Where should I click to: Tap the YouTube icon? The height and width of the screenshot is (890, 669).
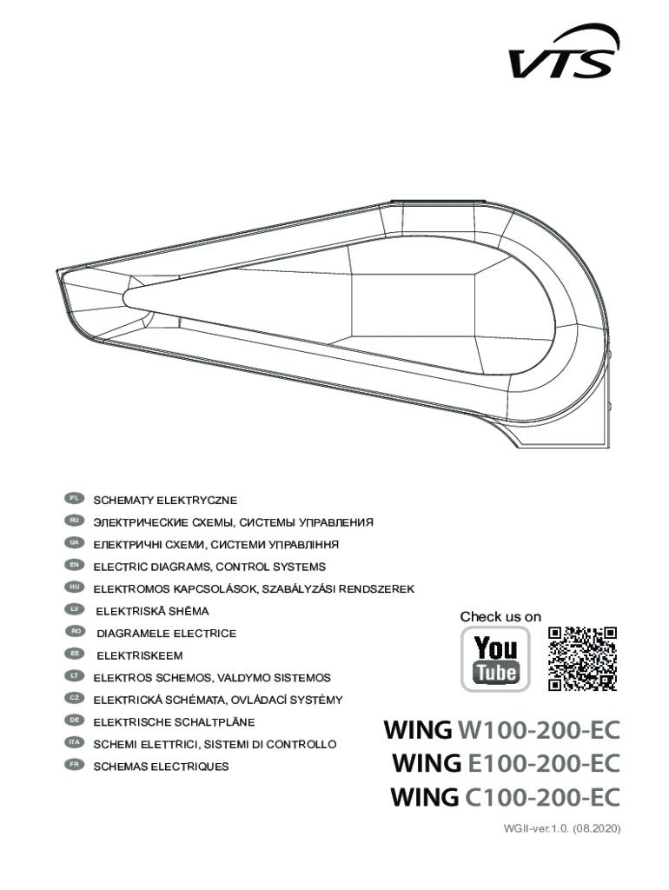495,659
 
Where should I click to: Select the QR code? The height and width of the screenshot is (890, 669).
582,658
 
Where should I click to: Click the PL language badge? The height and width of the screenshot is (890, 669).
75,499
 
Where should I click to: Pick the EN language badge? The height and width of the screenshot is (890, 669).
75,565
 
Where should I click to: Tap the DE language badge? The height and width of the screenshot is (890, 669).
75,721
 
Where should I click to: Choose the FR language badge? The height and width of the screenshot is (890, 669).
75,765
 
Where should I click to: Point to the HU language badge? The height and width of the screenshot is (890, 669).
75,588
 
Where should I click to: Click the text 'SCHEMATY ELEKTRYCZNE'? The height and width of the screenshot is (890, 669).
165,501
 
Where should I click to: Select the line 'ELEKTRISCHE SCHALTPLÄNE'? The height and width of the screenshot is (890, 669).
174,722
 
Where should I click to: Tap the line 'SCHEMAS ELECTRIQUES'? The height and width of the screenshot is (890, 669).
161,767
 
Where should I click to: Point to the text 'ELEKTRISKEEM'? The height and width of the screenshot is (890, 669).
139,655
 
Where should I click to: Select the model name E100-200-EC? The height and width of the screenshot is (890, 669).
544,763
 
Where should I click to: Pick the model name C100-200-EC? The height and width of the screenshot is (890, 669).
544,796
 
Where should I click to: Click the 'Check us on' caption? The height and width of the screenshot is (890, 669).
500,616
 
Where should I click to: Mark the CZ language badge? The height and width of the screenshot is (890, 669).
75,698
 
